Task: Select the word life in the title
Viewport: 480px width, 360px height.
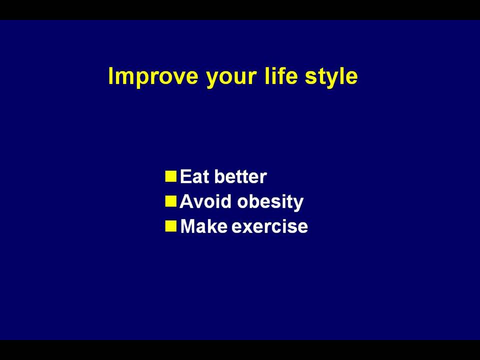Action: point(281,75)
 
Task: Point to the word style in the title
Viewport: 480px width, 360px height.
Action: point(331,77)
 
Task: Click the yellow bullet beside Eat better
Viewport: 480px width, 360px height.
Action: point(171,176)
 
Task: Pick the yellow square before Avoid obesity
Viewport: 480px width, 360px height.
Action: point(171,201)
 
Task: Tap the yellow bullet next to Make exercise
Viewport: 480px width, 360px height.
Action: point(171,226)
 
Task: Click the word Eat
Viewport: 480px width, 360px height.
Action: point(194,176)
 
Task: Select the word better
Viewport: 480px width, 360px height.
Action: point(240,176)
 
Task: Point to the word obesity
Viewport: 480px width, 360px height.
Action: point(270,202)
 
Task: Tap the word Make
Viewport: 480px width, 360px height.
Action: point(204,226)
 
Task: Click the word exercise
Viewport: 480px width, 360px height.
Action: point(269,227)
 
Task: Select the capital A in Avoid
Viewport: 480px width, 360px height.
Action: point(186,201)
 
